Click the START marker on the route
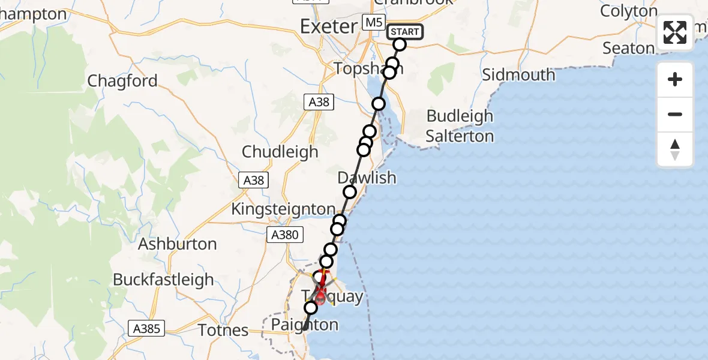(x=406, y=32)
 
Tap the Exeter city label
(x=328, y=26)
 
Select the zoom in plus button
(x=675, y=79)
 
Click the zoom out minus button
(x=675, y=114)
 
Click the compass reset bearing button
(x=675, y=149)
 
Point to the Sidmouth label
(x=518, y=75)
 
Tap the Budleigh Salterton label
(x=460, y=126)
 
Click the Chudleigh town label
(x=280, y=152)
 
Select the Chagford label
(x=122, y=81)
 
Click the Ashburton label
(x=177, y=244)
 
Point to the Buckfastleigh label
(x=163, y=280)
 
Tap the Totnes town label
(x=223, y=329)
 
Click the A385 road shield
(x=146, y=328)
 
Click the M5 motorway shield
(x=374, y=23)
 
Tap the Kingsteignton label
(x=283, y=209)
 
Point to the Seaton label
(x=628, y=48)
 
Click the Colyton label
(x=629, y=11)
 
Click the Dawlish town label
(x=367, y=178)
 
